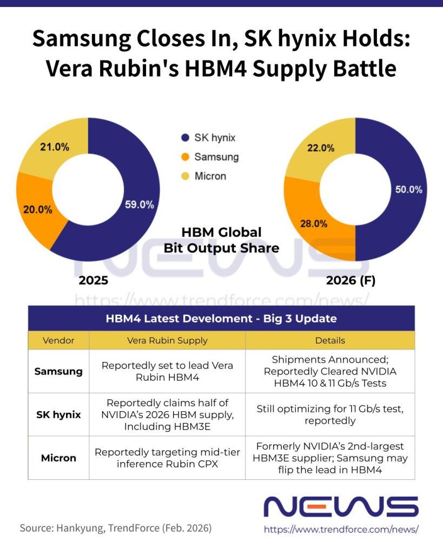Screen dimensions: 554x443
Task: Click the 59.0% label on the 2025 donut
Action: coord(140,205)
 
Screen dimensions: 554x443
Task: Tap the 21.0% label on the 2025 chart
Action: coord(55,147)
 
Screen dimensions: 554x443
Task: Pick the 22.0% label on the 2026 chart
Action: coord(320,148)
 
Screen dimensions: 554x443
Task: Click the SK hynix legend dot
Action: coord(185,137)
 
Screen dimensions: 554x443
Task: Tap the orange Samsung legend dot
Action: coord(185,157)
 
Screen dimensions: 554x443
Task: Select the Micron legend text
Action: coord(210,176)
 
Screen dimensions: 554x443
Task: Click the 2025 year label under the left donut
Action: coord(94,280)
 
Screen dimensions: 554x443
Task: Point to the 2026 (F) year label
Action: coord(351,280)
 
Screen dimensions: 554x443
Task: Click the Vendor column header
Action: coord(58,340)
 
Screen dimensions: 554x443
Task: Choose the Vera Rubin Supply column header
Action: coord(167,340)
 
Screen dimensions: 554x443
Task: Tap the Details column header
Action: coord(330,340)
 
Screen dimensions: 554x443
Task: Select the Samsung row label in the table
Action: coord(58,371)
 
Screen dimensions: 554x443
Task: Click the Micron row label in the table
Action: coord(58,458)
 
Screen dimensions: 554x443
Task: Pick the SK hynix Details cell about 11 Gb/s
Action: coord(330,414)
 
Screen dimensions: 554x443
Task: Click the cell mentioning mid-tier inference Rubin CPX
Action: coord(167,458)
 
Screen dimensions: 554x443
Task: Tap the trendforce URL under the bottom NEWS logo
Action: coord(341,530)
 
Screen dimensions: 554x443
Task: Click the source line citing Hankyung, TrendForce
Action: coord(116,527)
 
